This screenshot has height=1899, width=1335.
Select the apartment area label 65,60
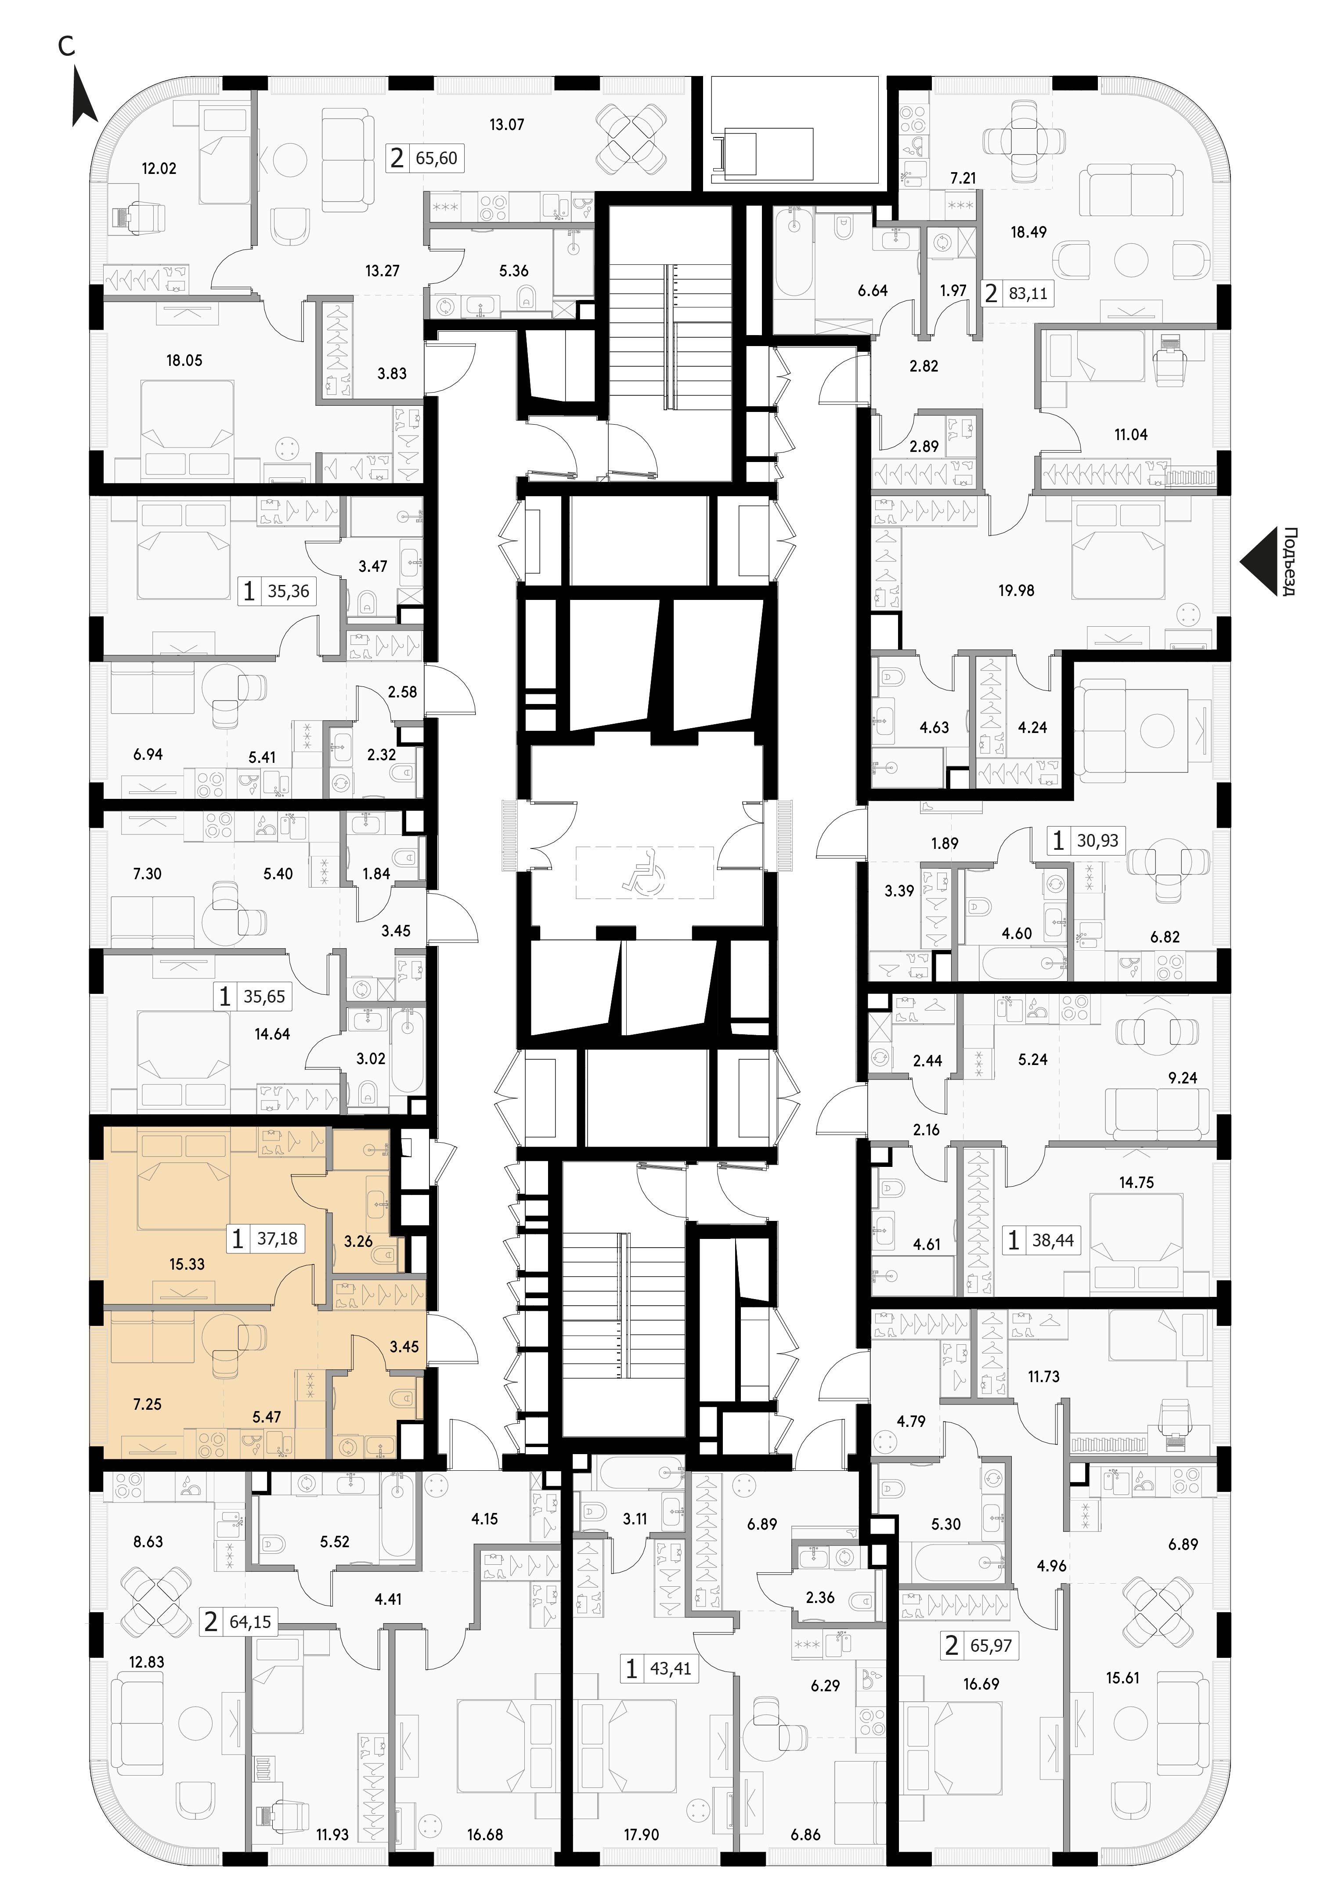click(x=437, y=157)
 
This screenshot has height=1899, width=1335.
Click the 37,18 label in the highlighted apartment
click(x=277, y=1238)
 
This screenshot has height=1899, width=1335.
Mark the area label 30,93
click(x=1097, y=840)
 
